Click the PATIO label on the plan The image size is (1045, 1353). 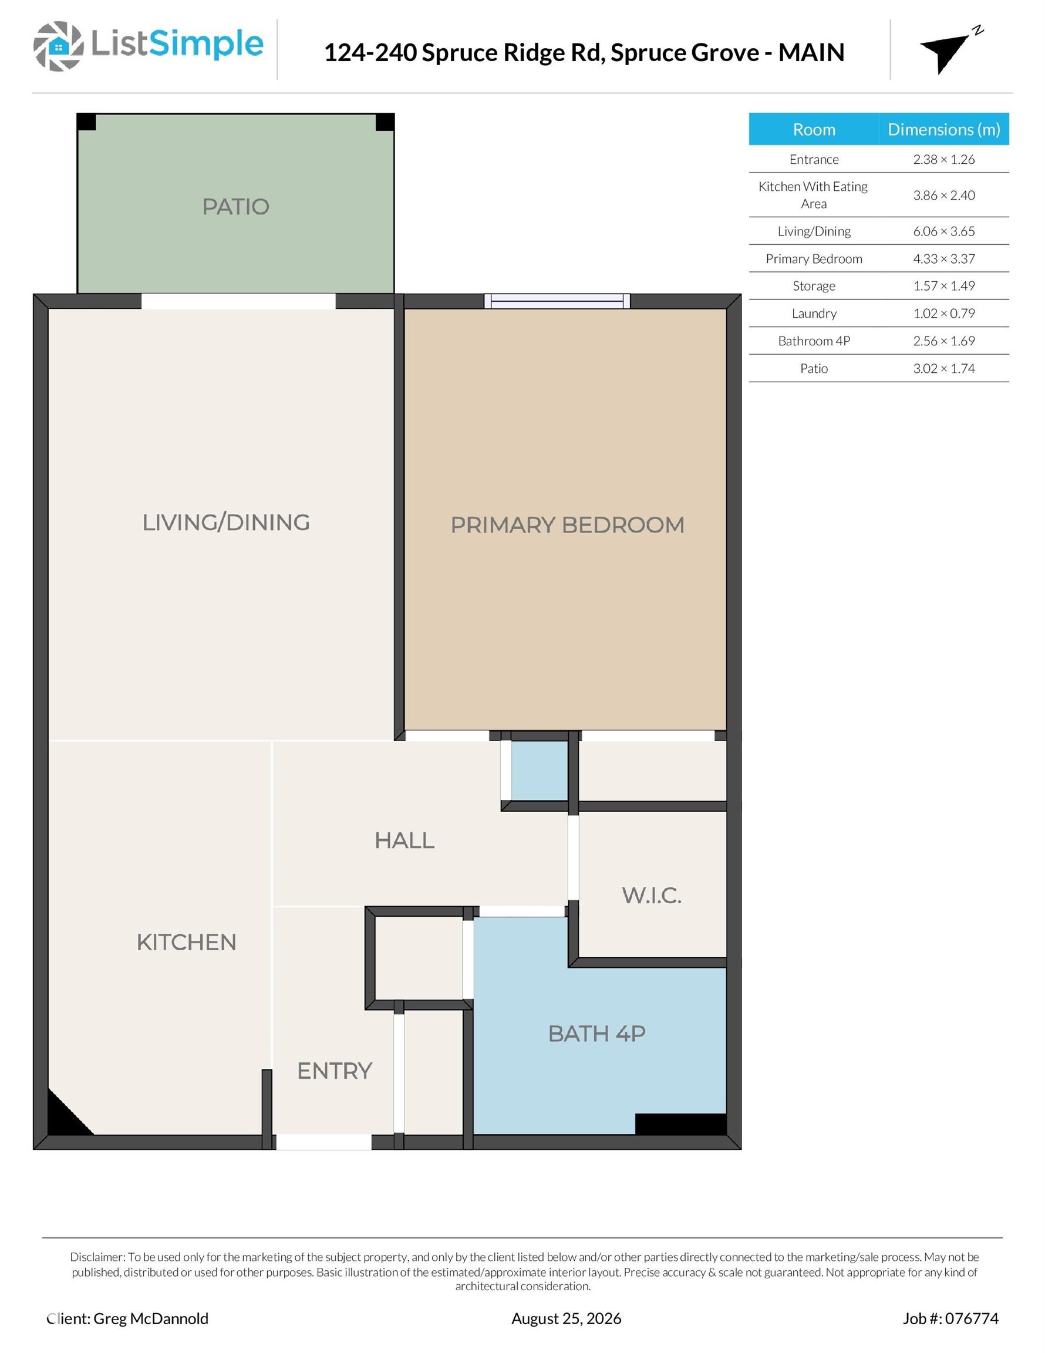tap(235, 206)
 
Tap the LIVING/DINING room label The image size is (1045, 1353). tap(226, 522)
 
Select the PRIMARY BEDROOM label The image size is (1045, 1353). tap(567, 525)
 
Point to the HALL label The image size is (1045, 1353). tap(404, 840)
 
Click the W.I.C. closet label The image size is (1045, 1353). tap(652, 895)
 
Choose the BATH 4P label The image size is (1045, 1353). tap(596, 1034)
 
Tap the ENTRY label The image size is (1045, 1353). tap(335, 1071)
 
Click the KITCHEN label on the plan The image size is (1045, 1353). tap(187, 943)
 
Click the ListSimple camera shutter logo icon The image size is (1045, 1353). tap(58, 46)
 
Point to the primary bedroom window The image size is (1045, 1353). tap(557, 302)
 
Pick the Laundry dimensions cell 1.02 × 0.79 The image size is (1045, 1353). tap(943, 314)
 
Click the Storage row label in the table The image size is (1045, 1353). tap(814, 285)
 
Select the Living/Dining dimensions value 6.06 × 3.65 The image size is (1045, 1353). tap(943, 231)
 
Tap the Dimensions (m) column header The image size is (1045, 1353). tap(943, 129)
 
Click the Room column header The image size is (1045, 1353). tap(814, 129)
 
